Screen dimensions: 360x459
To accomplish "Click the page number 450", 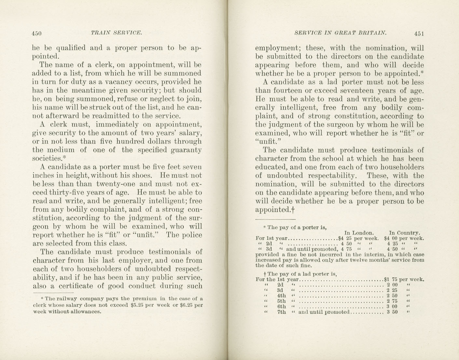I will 37,33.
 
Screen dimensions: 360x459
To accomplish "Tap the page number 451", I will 419,33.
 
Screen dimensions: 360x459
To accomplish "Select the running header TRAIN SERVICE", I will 117,33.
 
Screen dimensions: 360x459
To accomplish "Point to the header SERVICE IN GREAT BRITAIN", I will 340,33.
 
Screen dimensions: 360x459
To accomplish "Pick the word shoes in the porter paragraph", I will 140,176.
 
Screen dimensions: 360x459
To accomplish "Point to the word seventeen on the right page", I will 353,91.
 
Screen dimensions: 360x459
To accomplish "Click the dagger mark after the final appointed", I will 293,209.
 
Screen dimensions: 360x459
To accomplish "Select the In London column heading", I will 358,233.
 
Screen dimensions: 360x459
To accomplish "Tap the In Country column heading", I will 404,233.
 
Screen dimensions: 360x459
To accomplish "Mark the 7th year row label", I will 281,312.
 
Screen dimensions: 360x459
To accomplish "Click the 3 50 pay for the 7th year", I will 392,312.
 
